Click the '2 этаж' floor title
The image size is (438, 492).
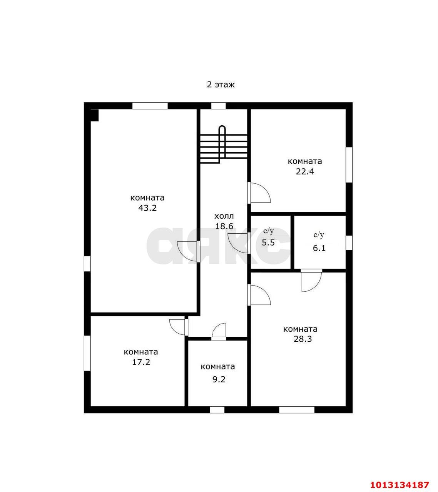221,85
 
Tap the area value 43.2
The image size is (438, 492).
147,208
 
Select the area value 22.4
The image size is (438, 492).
305,172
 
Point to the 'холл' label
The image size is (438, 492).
224,216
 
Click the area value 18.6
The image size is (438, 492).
224,226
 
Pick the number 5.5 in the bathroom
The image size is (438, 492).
268,243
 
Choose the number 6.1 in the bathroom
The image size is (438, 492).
319,248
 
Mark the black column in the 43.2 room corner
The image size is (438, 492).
94,115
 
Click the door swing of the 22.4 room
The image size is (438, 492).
260,193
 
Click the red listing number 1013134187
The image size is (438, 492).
400,478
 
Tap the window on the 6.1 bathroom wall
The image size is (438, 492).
349,243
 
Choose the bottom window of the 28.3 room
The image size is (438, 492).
297,410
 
